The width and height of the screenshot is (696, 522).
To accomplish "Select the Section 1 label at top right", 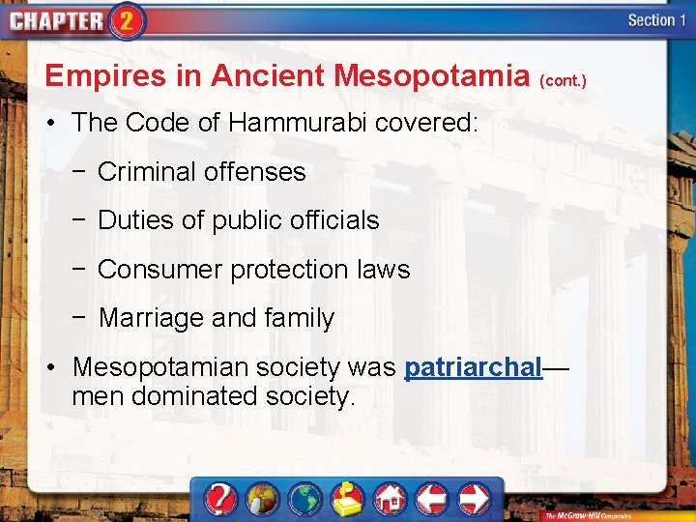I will [x=657, y=20].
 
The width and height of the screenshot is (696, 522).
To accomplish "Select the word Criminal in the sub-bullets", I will [x=146, y=172].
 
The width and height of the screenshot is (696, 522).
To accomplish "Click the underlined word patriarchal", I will [x=473, y=367].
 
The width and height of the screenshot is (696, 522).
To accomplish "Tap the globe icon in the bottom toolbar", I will [x=306, y=499].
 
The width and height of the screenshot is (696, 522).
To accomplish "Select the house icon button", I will [x=391, y=499].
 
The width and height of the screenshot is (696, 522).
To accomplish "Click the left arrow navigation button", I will [x=432, y=499].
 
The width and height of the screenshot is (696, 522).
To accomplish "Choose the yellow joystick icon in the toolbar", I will [x=348, y=499].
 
